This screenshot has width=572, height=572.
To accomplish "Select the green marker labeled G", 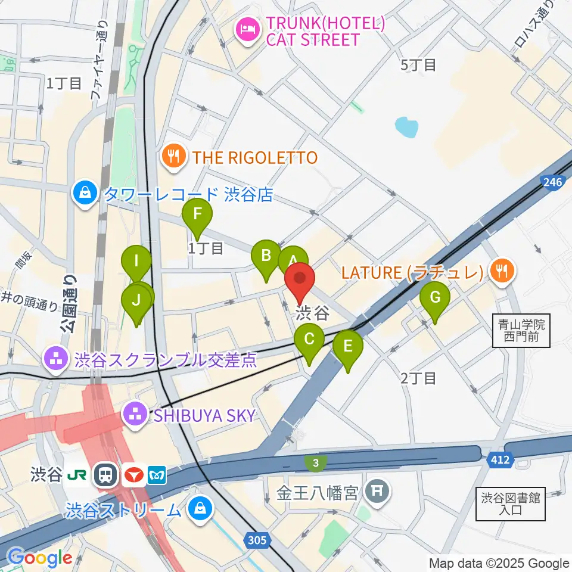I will tap(435, 298).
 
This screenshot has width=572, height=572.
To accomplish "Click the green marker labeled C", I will tap(309, 341).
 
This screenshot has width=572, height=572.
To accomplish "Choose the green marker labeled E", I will tap(348, 347).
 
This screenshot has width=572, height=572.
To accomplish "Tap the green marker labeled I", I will tap(136, 262).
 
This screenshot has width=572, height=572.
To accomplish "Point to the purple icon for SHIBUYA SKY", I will tap(135, 415).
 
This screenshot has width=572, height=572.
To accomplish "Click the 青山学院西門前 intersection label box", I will tap(522, 332).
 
